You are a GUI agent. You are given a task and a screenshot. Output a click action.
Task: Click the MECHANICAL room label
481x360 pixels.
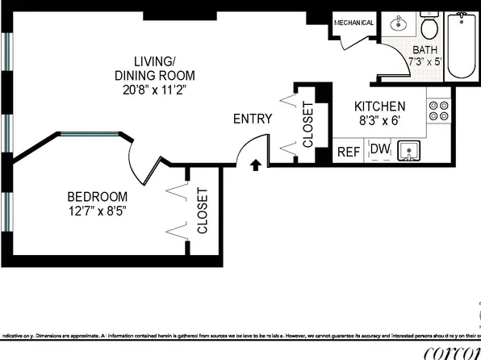coord(353,23)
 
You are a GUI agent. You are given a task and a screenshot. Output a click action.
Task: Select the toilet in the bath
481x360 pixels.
coord(429,28)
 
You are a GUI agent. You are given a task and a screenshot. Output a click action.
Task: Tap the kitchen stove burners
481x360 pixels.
coord(438,111)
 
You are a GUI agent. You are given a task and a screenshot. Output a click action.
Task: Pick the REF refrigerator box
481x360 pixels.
coord(349,151)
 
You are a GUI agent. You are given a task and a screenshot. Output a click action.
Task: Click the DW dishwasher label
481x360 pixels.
coord(378,149)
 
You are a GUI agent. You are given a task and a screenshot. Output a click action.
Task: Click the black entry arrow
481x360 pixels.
coord(255,165)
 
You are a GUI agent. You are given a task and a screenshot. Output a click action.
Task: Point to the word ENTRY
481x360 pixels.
coord(253,119)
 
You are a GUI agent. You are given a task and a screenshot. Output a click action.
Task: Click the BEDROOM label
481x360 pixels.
coord(97,196)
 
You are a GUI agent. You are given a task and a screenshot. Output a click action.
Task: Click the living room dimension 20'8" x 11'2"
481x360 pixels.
coord(154,90)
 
